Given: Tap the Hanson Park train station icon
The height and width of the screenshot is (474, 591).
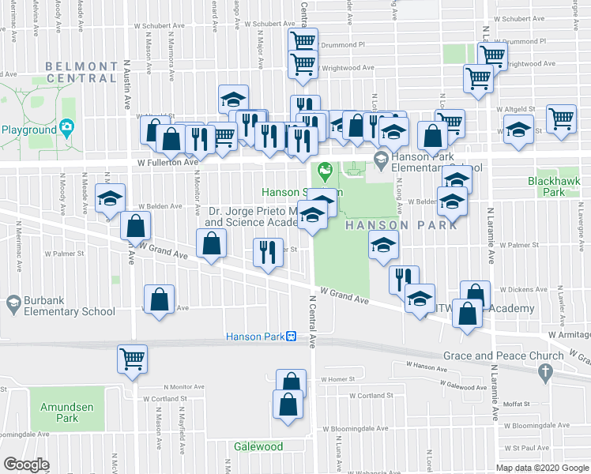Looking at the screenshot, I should pos(291,337).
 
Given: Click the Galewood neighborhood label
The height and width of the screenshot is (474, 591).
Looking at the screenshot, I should pos(258,446).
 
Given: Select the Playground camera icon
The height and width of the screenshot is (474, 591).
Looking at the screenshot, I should pos(67,127).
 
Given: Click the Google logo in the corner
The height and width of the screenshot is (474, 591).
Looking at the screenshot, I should pos(26,464).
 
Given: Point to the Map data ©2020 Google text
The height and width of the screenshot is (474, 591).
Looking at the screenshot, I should pos(541,467).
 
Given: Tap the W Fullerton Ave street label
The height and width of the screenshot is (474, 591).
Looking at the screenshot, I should pos(167,162).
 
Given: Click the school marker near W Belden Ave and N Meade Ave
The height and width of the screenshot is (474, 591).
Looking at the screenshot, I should pos(110,197).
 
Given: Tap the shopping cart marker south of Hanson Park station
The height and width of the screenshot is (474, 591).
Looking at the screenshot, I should pos(132,359).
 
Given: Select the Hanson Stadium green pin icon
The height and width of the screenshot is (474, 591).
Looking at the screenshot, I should pos(323,169).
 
